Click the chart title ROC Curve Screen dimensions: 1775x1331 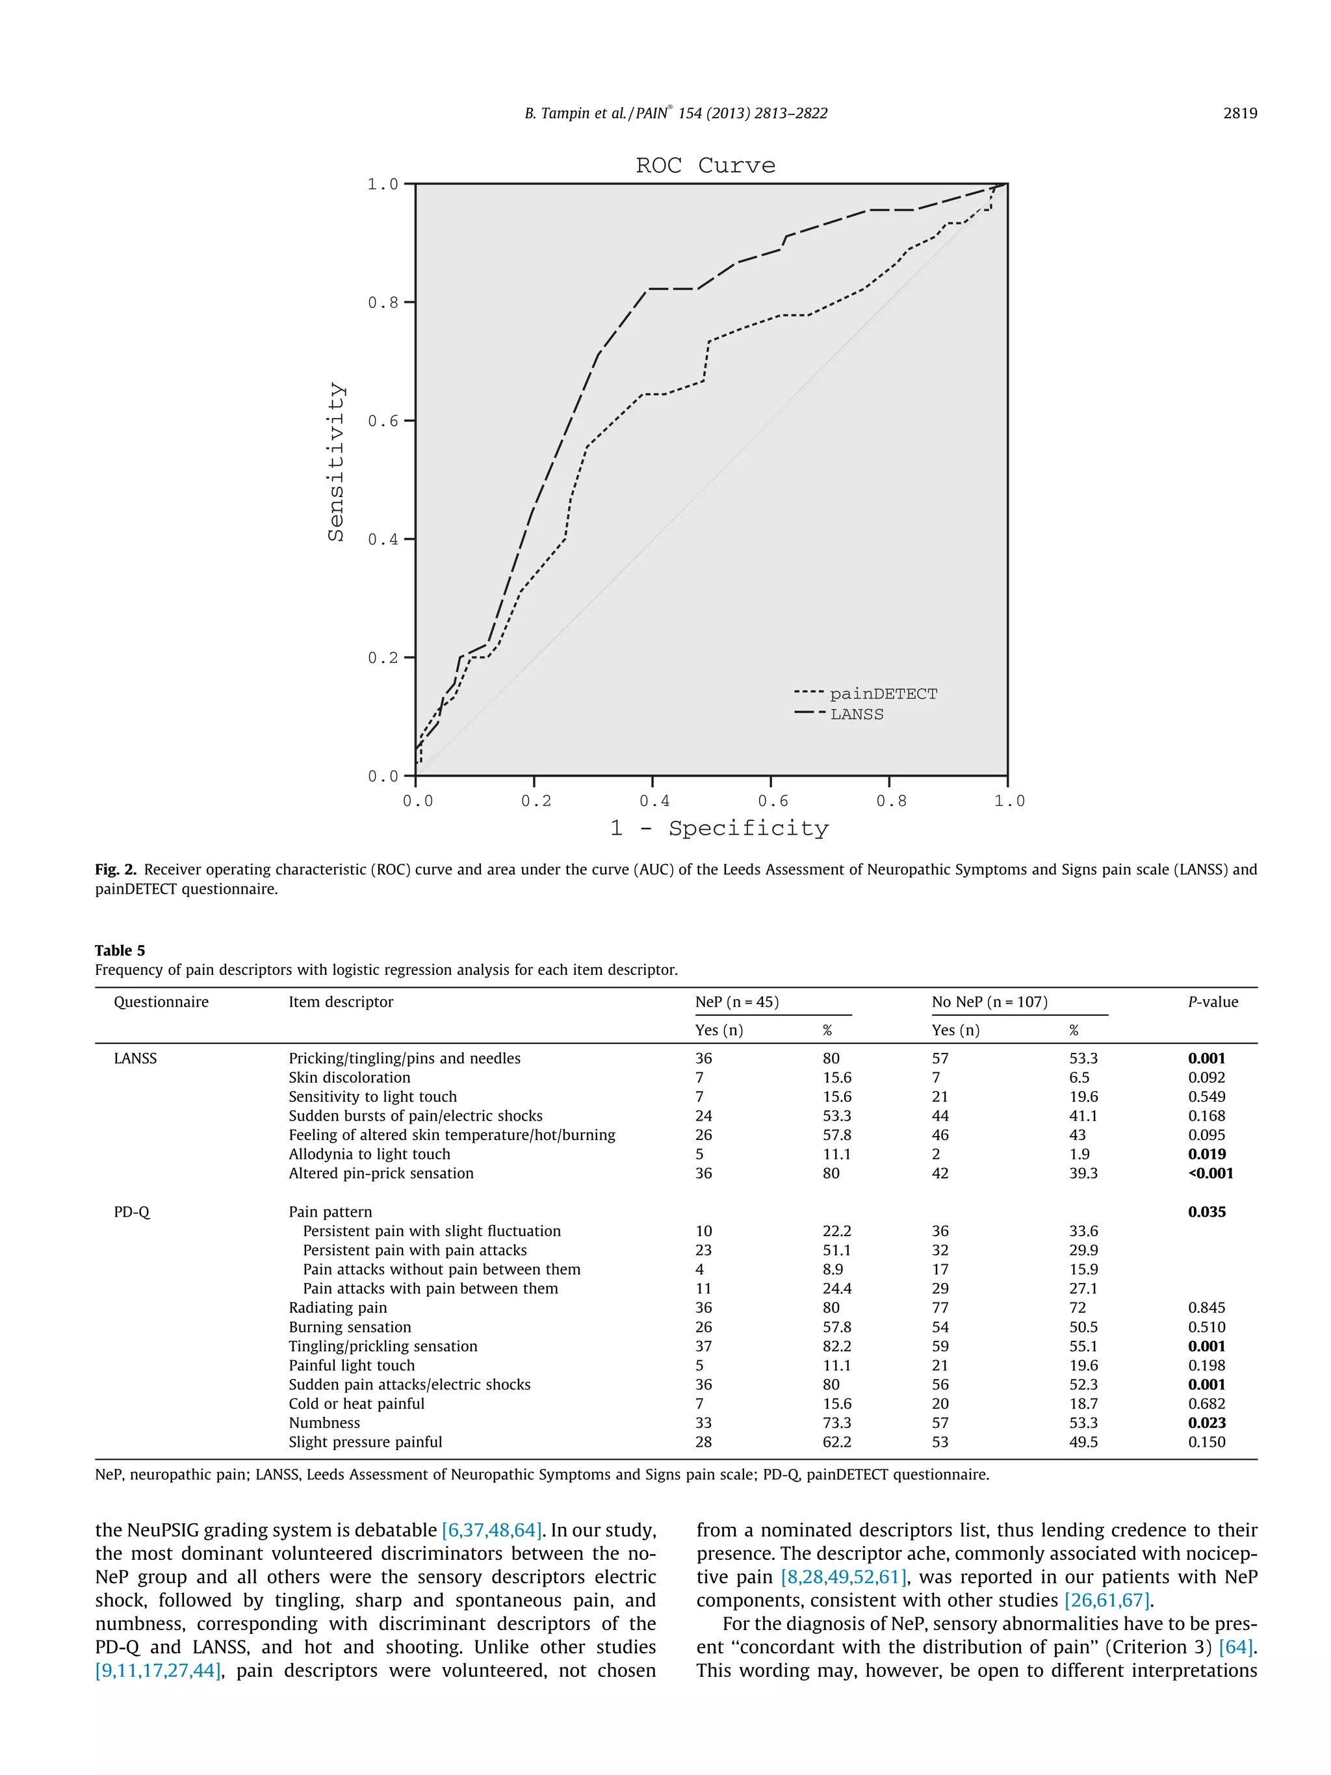[704, 165]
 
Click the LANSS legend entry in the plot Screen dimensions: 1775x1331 [856, 714]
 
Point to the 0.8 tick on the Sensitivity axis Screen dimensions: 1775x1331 [383, 302]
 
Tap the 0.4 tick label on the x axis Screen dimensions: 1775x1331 [654, 801]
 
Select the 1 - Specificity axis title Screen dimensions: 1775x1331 [719, 828]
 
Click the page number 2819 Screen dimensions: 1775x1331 [1239, 113]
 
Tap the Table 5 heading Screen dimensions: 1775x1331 [120, 950]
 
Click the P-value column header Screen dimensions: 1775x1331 [1211, 1002]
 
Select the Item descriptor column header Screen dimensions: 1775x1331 [341, 1002]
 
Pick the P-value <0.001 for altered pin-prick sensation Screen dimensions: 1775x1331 [1210, 1173]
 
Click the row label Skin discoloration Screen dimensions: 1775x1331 [349, 1078]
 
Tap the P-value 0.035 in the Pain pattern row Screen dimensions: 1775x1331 [1206, 1211]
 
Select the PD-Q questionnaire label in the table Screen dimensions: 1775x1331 [131, 1211]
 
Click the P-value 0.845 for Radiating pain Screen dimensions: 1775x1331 [1206, 1308]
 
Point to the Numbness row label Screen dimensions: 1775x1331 [324, 1423]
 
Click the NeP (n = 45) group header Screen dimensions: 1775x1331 [736, 1002]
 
